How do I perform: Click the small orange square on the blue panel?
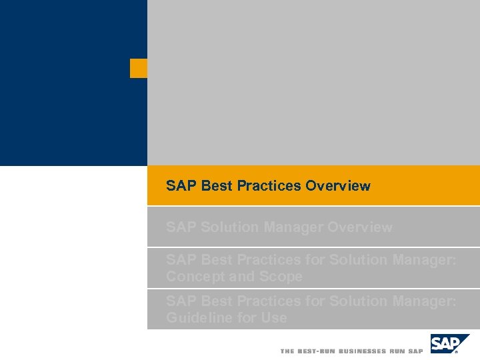point(138,68)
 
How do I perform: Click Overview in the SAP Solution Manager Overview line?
point(360,227)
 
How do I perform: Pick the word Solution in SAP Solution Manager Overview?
point(229,227)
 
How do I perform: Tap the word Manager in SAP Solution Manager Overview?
point(294,227)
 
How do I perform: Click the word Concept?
point(194,277)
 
